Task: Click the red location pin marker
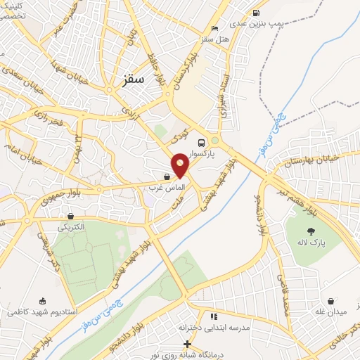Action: click(x=181, y=167)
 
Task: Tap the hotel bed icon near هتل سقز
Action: click(x=214, y=28)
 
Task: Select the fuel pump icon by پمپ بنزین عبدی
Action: click(x=255, y=12)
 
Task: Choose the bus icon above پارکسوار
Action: click(x=202, y=141)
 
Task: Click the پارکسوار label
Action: click(x=202, y=153)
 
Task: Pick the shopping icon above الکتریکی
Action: click(x=70, y=216)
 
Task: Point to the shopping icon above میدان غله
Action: click(x=340, y=300)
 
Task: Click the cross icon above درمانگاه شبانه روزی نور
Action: click(x=187, y=344)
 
